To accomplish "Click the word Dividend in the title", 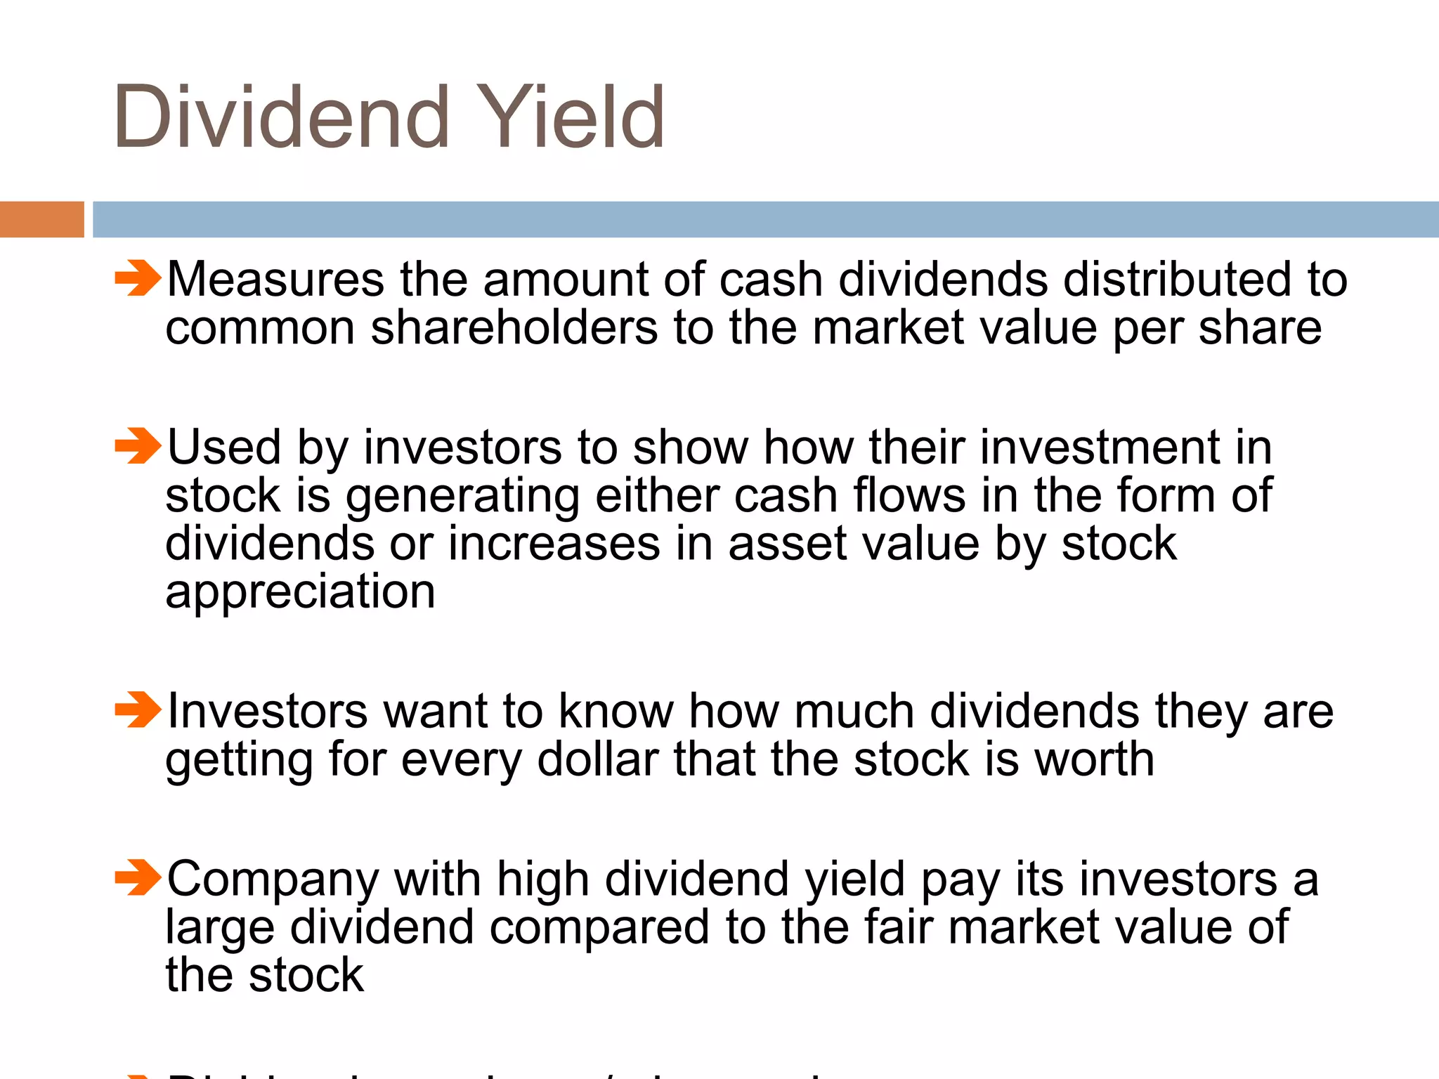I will [281, 117].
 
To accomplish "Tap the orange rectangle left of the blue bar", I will [41, 219].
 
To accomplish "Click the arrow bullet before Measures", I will [138, 278].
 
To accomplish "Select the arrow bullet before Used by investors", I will [138, 446].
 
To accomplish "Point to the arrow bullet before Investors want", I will [138, 709].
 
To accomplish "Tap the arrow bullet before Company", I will [138, 877].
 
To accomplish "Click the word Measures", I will [275, 280].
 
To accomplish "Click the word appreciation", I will [300, 591].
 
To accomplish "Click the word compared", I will [599, 928].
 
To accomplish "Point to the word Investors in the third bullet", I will [267, 711].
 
